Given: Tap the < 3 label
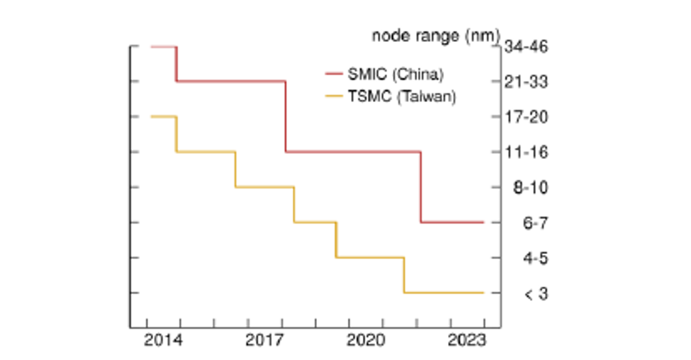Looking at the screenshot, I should pos(535,294).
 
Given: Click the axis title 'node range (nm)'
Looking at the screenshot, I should pos(436,35).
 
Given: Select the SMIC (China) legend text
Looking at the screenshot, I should pos(396,74).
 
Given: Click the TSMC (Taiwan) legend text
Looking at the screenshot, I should pos(402,96).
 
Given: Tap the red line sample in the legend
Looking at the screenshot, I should pos(334,74).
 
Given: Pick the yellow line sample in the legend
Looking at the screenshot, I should pos(334,96).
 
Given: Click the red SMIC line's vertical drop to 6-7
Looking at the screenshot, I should pos(420,187).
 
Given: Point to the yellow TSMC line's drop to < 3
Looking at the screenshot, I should pos(403,275).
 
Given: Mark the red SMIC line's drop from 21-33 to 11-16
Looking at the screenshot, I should pos(286,117).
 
